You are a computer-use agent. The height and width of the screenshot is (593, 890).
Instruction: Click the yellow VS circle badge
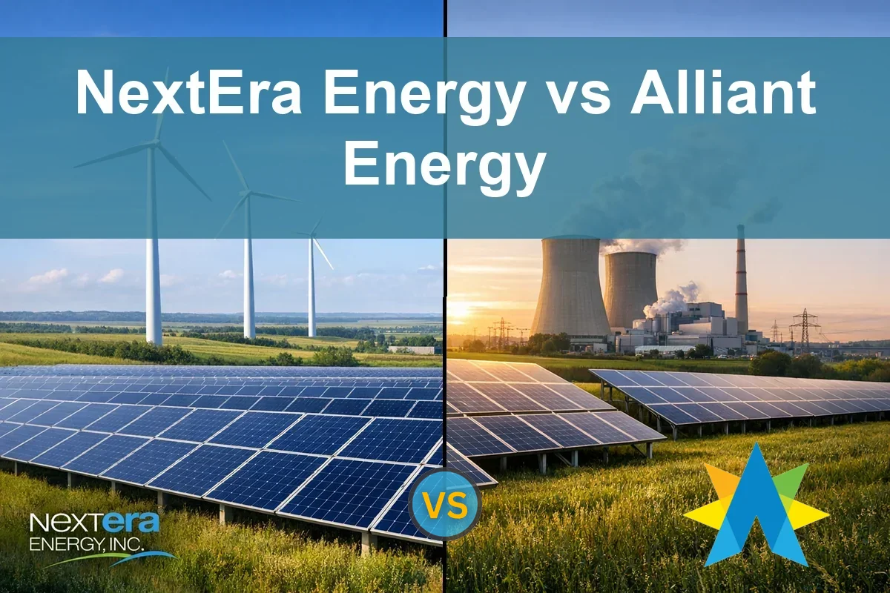click(445, 505)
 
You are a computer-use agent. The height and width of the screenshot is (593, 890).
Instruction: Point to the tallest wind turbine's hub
click(156, 141)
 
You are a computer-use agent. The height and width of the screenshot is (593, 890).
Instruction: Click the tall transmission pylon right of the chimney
click(805, 326)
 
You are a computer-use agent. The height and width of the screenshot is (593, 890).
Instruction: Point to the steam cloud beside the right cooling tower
click(671, 300)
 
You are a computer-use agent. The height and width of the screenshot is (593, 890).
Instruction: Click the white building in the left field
click(415, 348)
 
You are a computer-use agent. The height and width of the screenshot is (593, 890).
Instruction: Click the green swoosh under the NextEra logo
click(111, 560)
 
